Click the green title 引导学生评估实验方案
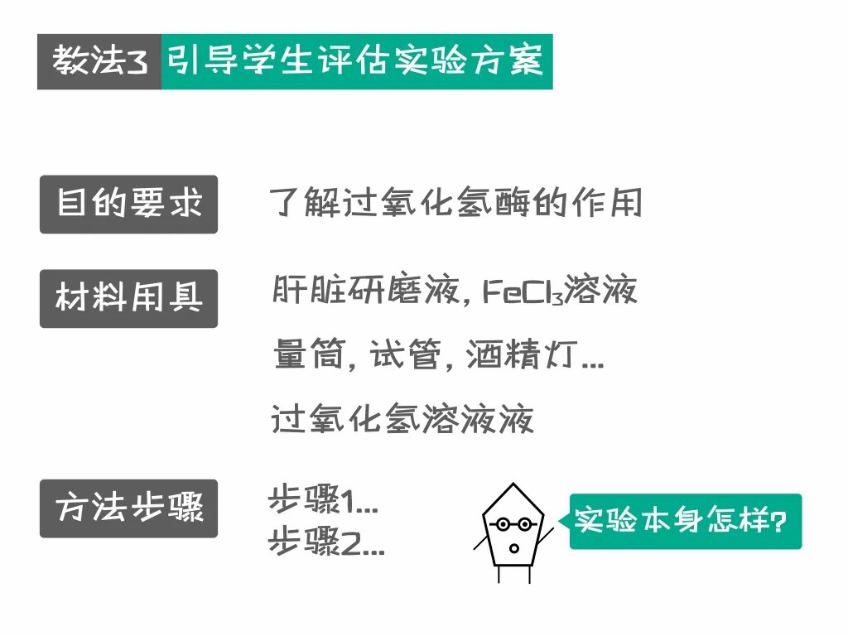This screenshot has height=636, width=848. tap(356, 62)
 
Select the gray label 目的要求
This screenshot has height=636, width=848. tap(128, 205)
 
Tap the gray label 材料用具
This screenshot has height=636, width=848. tap(128, 298)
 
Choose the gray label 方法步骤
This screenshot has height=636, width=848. tap(128, 508)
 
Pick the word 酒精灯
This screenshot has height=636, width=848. tap(520, 356)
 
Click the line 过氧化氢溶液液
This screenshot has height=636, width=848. tap(402, 420)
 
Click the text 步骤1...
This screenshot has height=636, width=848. tap(323, 500)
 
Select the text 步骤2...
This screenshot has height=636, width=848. tap(325, 544)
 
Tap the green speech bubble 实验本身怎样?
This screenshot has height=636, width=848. tap(686, 522)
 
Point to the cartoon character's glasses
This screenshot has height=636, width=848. tap(513, 524)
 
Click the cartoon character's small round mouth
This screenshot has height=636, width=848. tap(513, 547)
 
